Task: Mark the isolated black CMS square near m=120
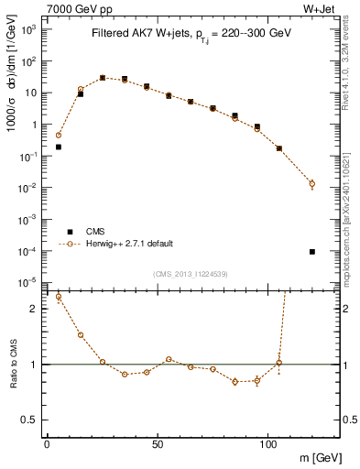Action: tap(312, 252)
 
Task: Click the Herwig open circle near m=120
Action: tap(312, 183)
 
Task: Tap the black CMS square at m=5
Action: tap(59, 147)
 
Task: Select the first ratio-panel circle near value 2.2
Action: tap(59, 297)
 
